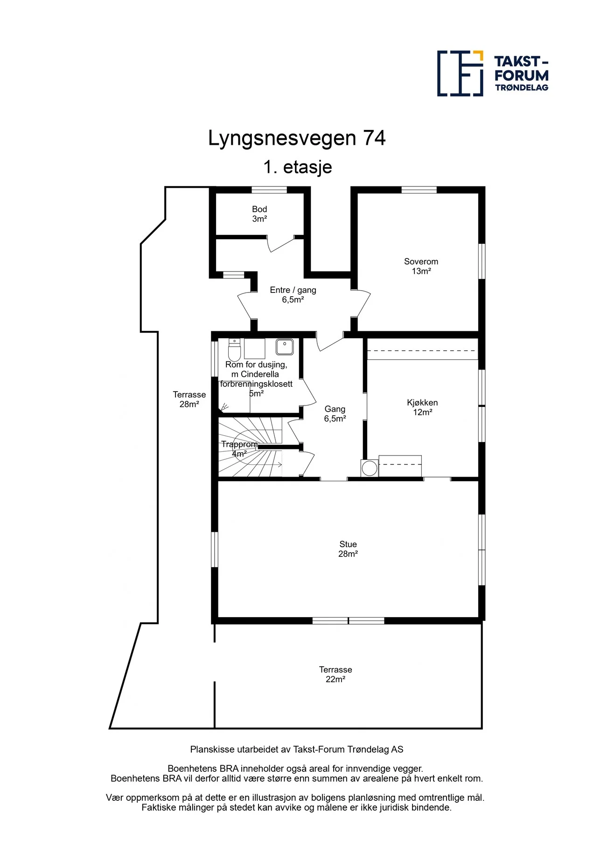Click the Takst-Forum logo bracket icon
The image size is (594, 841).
point(460,73)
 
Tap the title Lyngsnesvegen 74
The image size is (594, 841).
point(297,139)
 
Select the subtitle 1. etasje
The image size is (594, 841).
point(297,167)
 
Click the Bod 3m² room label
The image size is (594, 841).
point(259,214)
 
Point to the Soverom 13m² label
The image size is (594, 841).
point(421,266)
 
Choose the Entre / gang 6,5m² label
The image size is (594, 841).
point(293,295)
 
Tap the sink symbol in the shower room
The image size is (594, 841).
point(285,347)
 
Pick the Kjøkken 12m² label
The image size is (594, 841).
point(422,407)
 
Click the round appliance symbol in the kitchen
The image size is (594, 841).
point(370,468)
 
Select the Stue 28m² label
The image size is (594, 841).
point(348,549)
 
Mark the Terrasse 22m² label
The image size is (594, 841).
point(335,674)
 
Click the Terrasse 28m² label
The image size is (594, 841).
point(189,399)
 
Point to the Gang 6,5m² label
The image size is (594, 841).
point(335,414)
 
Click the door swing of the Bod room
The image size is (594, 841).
point(280,244)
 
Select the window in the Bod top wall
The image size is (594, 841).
point(269,190)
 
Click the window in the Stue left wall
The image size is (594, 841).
point(215,549)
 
